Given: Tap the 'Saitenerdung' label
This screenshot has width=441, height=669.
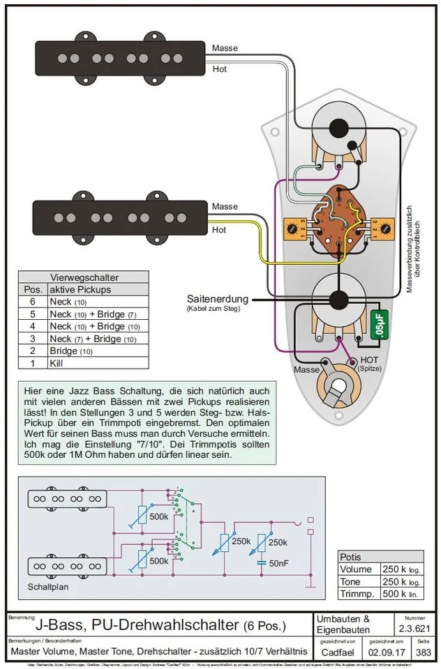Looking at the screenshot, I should tap(215, 297).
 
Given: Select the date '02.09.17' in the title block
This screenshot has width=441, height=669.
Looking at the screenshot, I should tap(382, 653).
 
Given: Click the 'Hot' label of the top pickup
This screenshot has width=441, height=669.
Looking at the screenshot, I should tap(219, 70).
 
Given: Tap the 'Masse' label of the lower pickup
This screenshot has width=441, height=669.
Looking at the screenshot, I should tap(225, 207).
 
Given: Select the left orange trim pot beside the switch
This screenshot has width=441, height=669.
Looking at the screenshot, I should tap(294, 227).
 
